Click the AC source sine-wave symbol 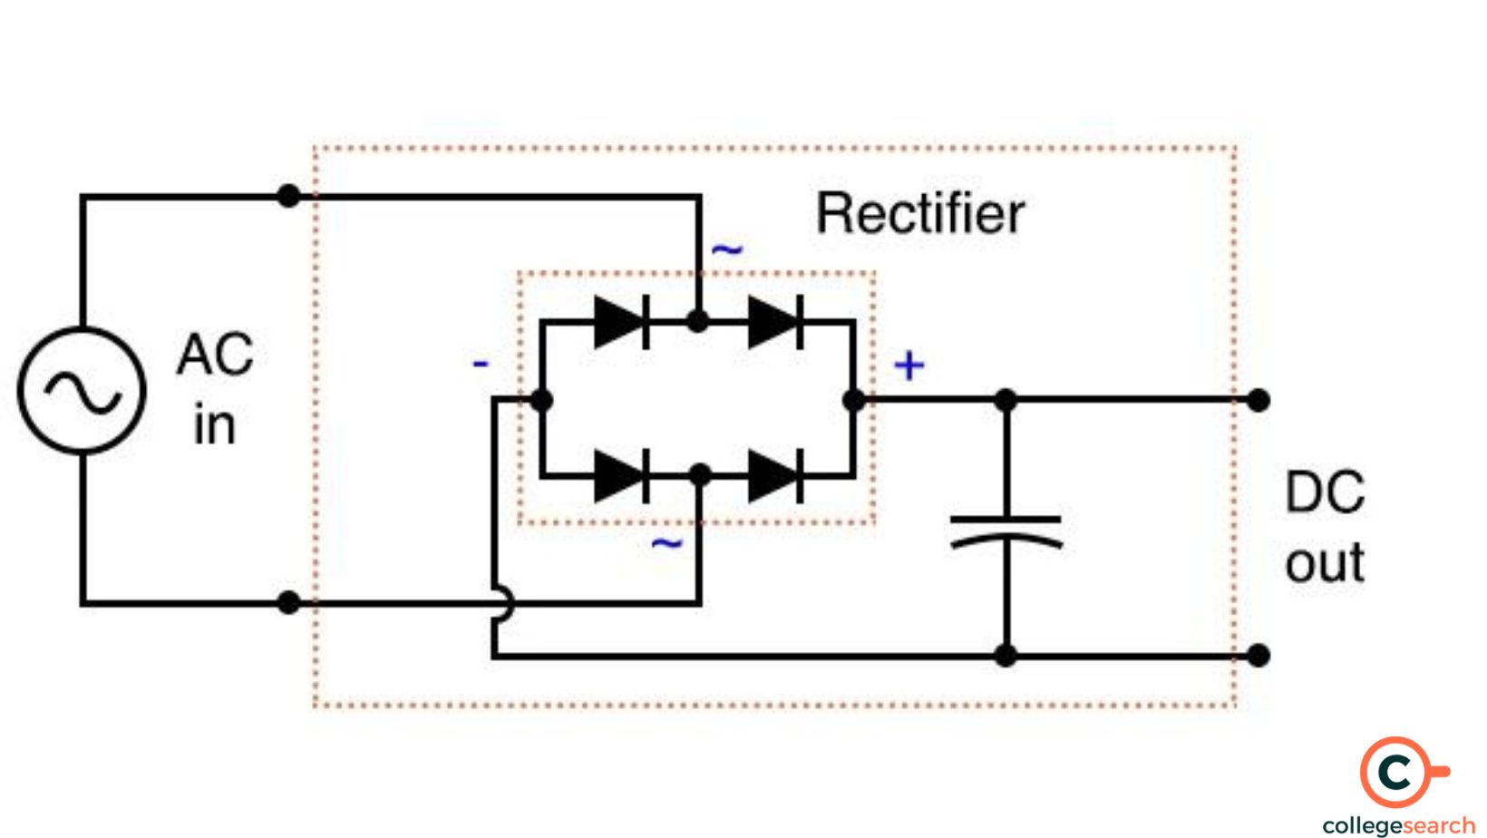[x=82, y=391]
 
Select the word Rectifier [x=919, y=214]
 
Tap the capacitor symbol [x=1006, y=531]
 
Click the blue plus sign [x=909, y=365]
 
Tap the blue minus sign [x=481, y=365]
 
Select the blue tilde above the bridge [x=727, y=248]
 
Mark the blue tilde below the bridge [x=666, y=543]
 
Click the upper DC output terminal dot [x=1258, y=400]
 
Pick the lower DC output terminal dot [x=1258, y=655]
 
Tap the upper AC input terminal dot [x=288, y=196]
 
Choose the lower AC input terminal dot [x=288, y=602]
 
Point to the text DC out [x=1324, y=527]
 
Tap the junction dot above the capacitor [x=1006, y=400]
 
